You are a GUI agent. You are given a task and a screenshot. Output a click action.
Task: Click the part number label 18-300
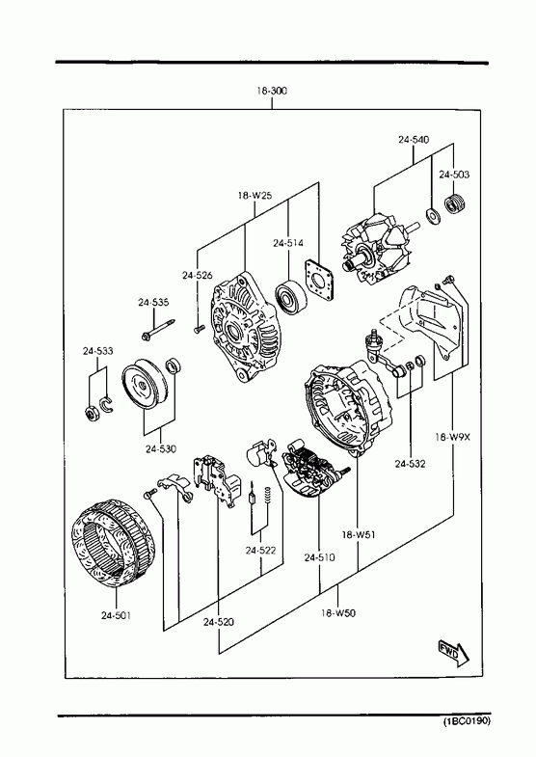(x=272, y=91)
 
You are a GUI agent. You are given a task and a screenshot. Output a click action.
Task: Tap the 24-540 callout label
(x=414, y=140)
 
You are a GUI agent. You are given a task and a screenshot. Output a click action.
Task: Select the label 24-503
(x=453, y=175)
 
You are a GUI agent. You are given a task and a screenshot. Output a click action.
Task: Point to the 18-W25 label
(x=255, y=196)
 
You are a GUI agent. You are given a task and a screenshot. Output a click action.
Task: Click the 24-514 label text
(x=288, y=243)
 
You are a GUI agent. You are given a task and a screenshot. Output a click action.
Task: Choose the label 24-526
(x=198, y=275)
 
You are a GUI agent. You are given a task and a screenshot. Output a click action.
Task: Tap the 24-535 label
(x=153, y=302)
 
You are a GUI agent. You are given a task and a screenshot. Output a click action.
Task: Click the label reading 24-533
(x=97, y=351)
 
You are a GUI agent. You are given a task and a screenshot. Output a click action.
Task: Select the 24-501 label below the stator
(x=116, y=615)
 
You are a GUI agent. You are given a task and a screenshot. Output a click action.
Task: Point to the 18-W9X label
(x=452, y=438)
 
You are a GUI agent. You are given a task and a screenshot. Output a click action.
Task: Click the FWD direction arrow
(x=453, y=653)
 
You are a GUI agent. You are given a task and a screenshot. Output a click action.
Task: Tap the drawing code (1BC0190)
(x=467, y=721)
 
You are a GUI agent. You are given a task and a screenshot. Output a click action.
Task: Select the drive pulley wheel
(x=145, y=385)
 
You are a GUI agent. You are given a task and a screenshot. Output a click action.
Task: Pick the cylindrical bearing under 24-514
(x=291, y=296)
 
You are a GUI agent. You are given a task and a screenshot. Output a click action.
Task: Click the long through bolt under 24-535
(x=158, y=329)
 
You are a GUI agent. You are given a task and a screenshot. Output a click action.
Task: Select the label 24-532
(x=410, y=464)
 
